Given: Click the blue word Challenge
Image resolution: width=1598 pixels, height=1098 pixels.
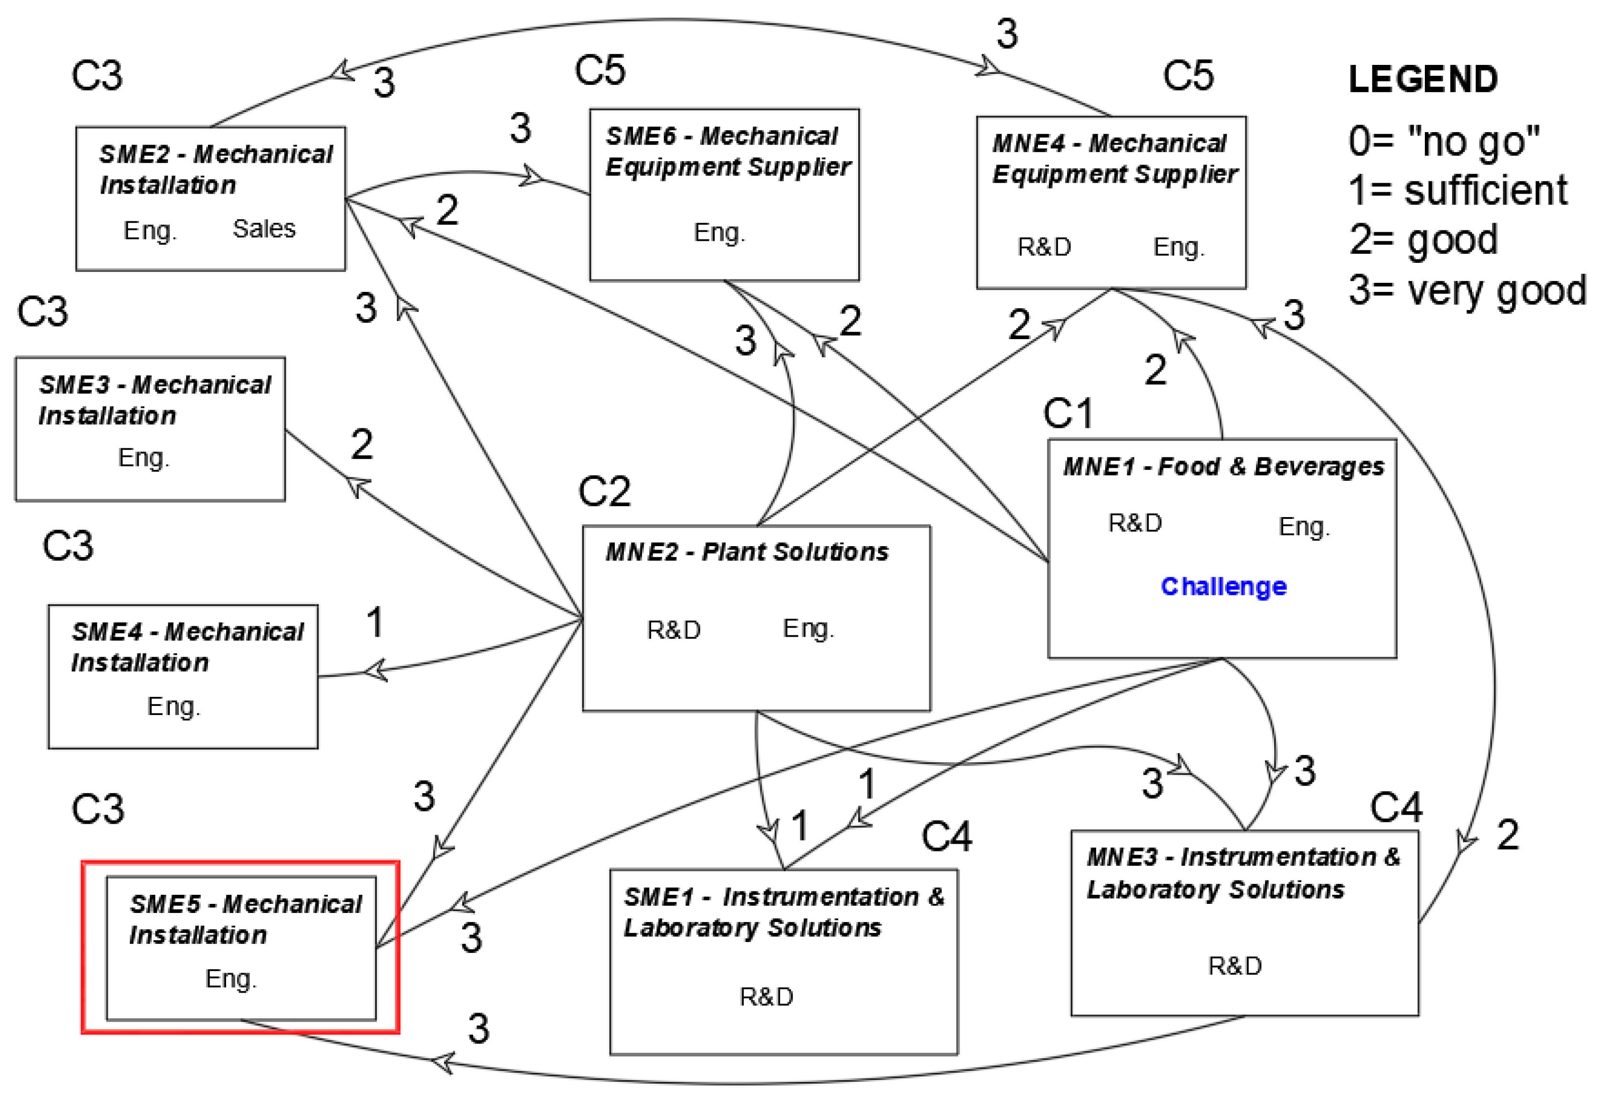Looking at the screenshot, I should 1223,586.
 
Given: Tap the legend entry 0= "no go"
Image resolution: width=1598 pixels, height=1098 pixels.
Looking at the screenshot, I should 1443,141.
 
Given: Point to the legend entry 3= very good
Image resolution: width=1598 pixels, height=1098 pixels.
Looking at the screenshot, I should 1467,290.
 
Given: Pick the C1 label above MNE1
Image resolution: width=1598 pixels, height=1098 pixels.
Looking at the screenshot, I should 1068,414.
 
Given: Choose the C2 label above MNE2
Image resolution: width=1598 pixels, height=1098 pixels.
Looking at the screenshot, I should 604,491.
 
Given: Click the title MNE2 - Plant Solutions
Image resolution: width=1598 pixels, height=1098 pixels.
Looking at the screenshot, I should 747,552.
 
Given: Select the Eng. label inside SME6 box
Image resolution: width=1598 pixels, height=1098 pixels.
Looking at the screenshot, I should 719,233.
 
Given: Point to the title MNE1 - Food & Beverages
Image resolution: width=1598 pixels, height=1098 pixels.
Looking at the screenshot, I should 1223,466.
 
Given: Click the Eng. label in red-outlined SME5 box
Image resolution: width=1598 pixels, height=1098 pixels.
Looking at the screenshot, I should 230,978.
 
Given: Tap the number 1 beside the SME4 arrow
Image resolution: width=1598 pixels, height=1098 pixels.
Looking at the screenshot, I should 375,622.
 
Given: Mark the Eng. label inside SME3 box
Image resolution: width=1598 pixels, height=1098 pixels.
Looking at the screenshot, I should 143,457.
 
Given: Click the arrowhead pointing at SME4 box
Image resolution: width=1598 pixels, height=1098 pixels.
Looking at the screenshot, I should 375,670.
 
